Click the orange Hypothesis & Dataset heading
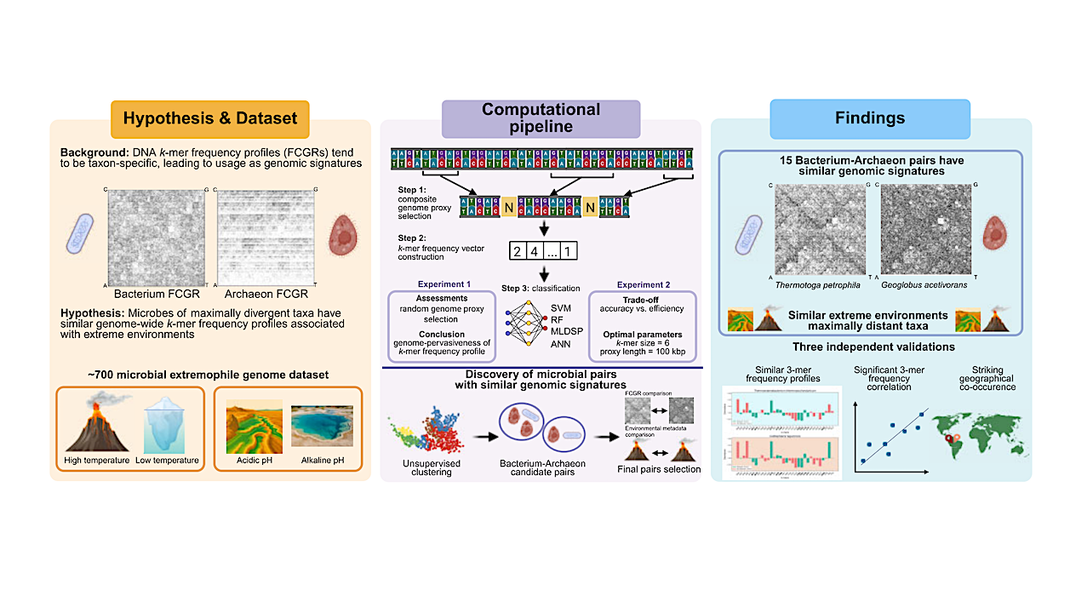pos(210,118)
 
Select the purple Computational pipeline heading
pos(541,118)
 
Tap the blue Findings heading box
pos(870,118)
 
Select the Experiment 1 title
pos(443,284)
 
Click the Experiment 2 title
pos(643,284)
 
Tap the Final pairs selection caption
pos(657,468)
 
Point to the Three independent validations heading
pos(872,347)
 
